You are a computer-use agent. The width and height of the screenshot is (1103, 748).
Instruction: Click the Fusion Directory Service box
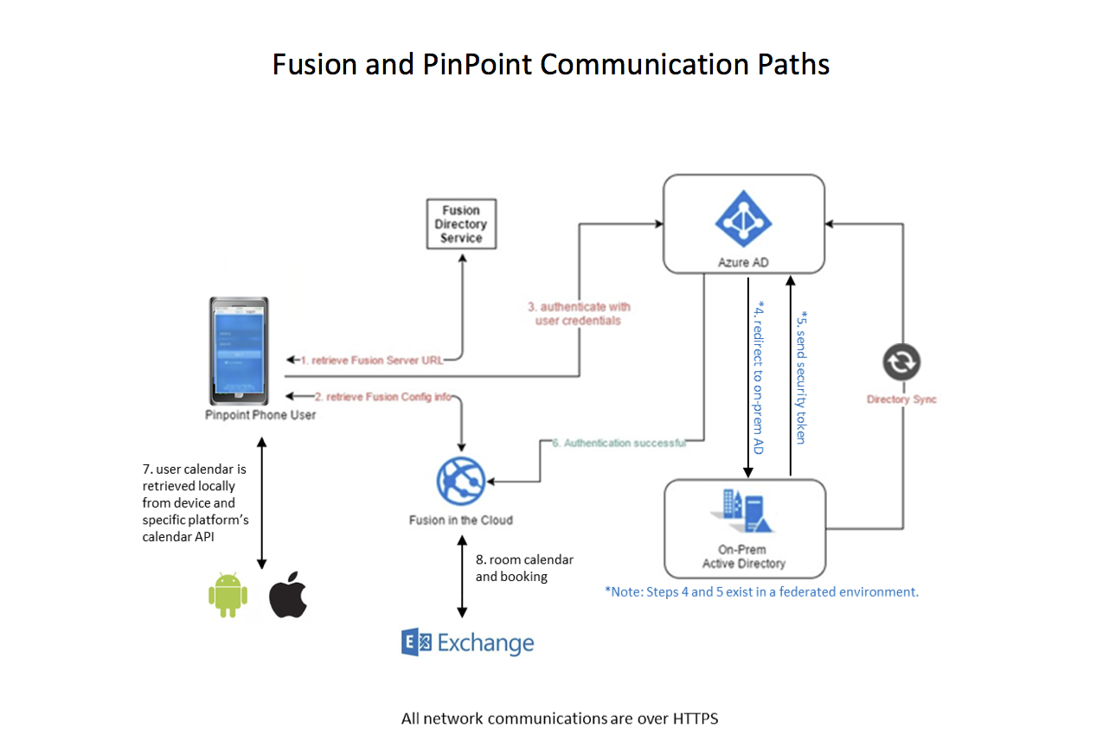pos(461,225)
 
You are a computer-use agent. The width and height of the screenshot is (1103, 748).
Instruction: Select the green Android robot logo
pos(228,595)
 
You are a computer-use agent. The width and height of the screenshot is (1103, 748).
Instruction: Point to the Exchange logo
pos(467,643)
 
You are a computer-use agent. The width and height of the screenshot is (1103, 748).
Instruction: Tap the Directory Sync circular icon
pos(901,363)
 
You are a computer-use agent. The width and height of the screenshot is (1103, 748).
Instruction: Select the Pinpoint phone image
pos(239,350)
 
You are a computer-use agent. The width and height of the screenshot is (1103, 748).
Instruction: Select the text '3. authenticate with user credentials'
pos(578,313)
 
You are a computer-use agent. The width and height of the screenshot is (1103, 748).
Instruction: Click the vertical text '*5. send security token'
pos(802,376)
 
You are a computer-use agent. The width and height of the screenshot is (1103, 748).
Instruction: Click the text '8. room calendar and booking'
pos(523,567)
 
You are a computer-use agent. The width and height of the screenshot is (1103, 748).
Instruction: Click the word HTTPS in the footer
pos(691,718)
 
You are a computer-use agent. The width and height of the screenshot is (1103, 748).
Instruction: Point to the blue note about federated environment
pos(761,591)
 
